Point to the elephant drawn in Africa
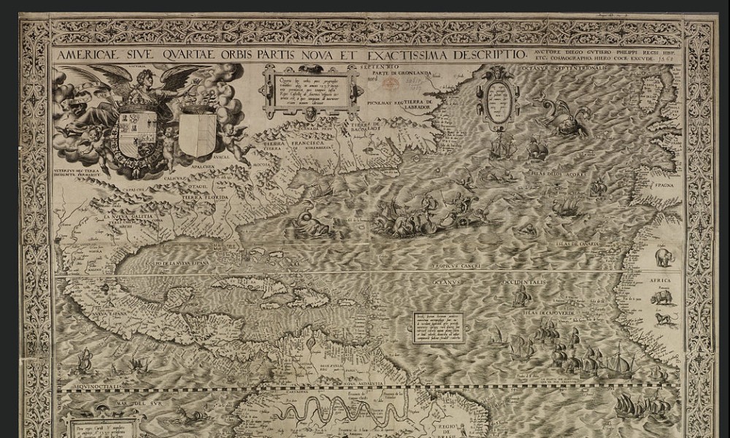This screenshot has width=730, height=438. [x=665, y=257]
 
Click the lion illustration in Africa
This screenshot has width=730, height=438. [x=664, y=319]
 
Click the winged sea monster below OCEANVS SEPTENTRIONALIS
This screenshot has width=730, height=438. [x=564, y=118]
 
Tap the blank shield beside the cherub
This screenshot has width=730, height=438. [x=198, y=132]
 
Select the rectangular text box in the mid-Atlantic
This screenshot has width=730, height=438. [x=438, y=328]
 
